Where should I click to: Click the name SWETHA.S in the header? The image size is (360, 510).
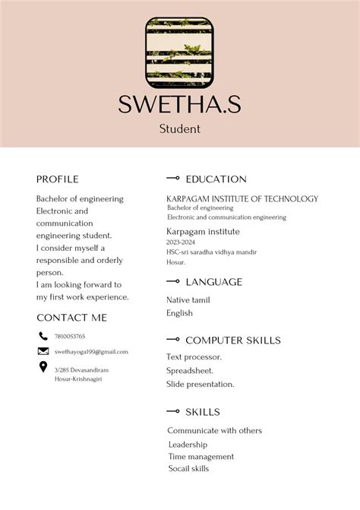180,104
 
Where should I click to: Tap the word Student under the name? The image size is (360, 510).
180,128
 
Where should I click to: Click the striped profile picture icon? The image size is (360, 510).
180,51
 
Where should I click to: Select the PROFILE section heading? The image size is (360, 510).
58,179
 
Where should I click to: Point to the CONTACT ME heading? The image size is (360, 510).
72,318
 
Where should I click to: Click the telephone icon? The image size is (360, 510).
43,336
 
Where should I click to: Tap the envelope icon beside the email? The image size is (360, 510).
43,351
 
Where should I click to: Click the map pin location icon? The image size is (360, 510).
43,368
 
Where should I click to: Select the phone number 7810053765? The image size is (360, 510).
70,336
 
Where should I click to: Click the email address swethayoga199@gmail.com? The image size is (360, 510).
91,352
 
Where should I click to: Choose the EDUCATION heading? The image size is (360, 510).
216,179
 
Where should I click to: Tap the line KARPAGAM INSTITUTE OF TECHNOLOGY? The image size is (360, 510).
242,199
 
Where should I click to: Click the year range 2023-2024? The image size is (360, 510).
182,242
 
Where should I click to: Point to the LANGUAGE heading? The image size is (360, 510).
213,282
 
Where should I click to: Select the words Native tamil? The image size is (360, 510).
188,300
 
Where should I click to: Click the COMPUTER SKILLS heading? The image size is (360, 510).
233,341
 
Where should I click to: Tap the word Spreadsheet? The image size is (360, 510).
190,370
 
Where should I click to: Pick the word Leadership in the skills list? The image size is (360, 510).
188,445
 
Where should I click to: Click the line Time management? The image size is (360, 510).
201,457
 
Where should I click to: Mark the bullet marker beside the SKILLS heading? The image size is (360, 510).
173,412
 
